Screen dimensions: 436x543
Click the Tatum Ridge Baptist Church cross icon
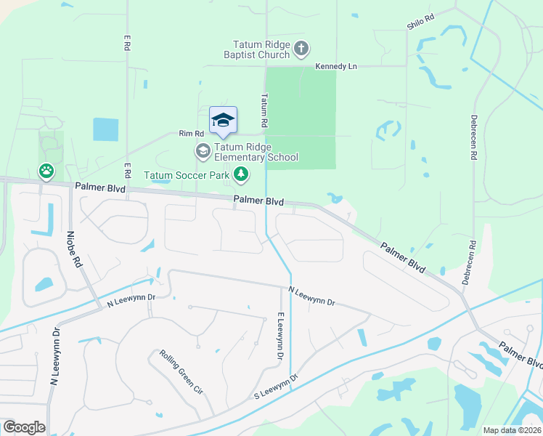tap(301, 49)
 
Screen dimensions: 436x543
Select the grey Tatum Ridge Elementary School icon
tap(203, 151)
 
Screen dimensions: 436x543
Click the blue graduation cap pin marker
tap(223, 120)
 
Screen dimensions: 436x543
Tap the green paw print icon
tap(46, 171)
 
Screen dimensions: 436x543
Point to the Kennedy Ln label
tap(336, 66)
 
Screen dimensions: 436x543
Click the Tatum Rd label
tap(265, 106)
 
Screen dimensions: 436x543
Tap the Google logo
tap(24, 427)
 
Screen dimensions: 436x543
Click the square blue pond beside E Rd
tap(105, 129)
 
